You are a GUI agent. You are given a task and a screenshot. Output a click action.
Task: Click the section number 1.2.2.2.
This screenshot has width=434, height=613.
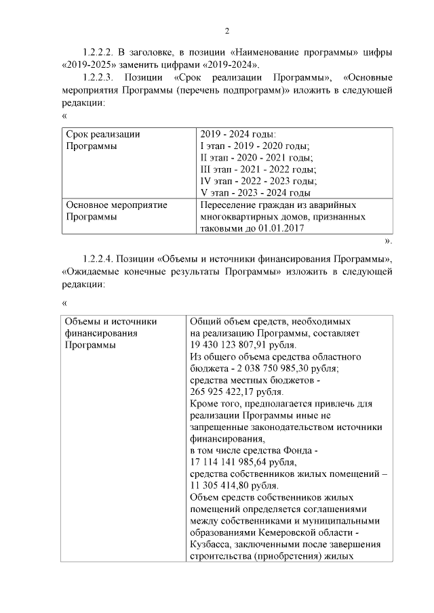point(99,52)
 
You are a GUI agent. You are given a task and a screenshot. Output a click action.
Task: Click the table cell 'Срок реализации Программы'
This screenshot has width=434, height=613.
point(102,140)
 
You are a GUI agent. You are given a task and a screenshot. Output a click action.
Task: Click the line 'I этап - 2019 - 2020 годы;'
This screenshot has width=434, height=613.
point(254,146)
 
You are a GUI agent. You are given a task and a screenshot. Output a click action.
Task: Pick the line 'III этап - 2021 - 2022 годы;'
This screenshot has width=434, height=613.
point(258,169)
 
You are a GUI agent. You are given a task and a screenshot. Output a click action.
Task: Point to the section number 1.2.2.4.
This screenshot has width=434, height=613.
point(99,259)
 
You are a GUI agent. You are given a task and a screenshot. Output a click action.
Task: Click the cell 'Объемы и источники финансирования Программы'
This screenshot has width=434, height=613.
point(111,333)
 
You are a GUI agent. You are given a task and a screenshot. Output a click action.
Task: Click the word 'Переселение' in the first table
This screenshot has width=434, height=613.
point(228,205)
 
